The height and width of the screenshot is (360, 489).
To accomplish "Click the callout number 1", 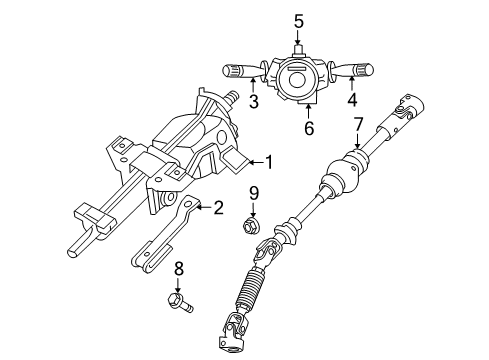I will pos(266,160).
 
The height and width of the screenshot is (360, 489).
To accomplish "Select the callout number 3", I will pos(254,102).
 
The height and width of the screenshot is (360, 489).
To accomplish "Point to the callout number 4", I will pos(352,102).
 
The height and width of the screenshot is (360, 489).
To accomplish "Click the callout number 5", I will pos(297,20).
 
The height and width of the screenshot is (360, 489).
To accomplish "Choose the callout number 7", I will pos(358,125).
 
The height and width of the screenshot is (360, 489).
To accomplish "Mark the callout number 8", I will pos(179,268).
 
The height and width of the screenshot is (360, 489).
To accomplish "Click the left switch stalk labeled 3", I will pos(241,71).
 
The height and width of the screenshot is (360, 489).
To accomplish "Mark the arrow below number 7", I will pos(358,142).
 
